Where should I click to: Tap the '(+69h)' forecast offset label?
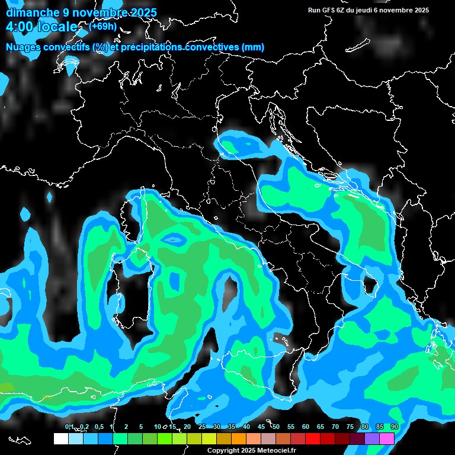[102, 26]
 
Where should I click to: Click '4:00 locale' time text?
[41, 27]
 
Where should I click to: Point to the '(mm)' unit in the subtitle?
[252, 47]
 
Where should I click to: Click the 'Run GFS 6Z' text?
[329, 10]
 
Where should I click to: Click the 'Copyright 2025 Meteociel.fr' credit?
[251, 450]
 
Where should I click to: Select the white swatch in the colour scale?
[60, 438]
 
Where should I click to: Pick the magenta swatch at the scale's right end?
[387, 438]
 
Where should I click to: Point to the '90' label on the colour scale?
[394, 427]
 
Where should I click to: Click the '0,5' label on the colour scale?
[98, 427]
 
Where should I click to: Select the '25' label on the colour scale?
[202, 427]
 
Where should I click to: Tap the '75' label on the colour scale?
[350, 427]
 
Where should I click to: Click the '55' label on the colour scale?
[291, 427]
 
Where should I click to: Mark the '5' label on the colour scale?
[141, 427]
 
